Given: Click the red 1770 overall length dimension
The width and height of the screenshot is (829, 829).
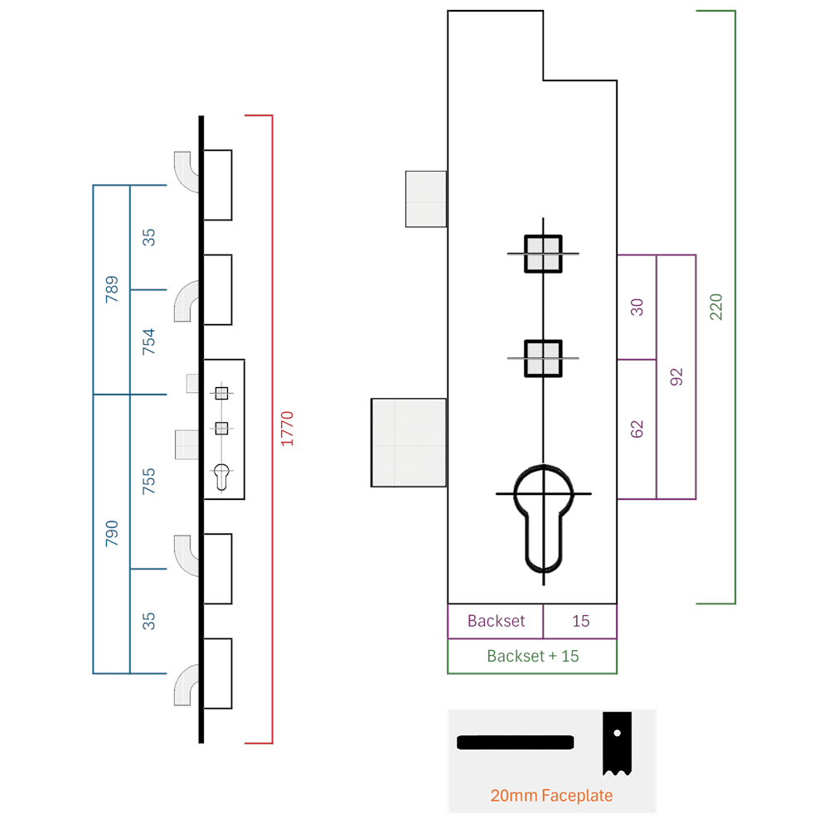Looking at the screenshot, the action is (x=287, y=429).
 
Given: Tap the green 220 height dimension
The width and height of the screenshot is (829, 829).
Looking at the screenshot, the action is (x=716, y=308).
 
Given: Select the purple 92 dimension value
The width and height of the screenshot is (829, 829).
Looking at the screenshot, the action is (x=676, y=377).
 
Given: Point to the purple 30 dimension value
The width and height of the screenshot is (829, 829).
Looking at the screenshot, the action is (x=637, y=308).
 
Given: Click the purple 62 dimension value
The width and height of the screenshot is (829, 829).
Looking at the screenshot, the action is (x=637, y=429).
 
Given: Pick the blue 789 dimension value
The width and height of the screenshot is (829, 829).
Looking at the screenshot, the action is (x=112, y=289).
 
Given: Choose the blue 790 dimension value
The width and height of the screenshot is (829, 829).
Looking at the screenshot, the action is (x=112, y=533).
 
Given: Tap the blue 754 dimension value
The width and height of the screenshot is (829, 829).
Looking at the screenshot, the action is (x=148, y=342).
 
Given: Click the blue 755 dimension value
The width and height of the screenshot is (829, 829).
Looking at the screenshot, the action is (x=148, y=481).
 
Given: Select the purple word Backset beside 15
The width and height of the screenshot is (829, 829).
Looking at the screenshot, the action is (x=496, y=621).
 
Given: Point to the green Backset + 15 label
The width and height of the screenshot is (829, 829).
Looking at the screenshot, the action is (x=533, y=656).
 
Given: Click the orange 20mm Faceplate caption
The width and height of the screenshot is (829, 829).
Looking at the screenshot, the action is (x=551, y=795).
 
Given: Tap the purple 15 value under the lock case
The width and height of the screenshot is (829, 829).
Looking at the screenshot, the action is (x=580, y=621).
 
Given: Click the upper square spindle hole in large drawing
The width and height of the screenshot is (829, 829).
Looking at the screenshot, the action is (x=543, y=254).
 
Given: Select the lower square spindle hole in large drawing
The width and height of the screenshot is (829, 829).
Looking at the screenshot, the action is (x=543, y=358).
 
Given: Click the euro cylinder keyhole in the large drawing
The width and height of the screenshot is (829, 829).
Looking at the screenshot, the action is (x=543, y=519).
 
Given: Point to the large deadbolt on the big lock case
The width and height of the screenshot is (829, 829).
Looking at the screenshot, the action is (x=409, y=443).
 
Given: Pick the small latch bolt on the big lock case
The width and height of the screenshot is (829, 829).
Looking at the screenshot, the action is (x=426, y=199).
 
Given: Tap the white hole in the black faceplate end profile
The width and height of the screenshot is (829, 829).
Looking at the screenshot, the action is (x=617, y=733).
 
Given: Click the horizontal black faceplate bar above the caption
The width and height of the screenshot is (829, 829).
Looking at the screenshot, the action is (x=516, y=742).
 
